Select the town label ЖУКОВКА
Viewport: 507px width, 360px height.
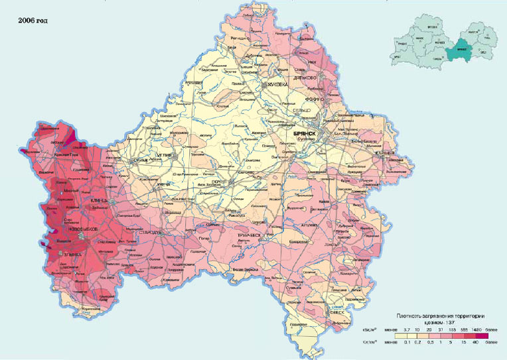click(279, 85)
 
